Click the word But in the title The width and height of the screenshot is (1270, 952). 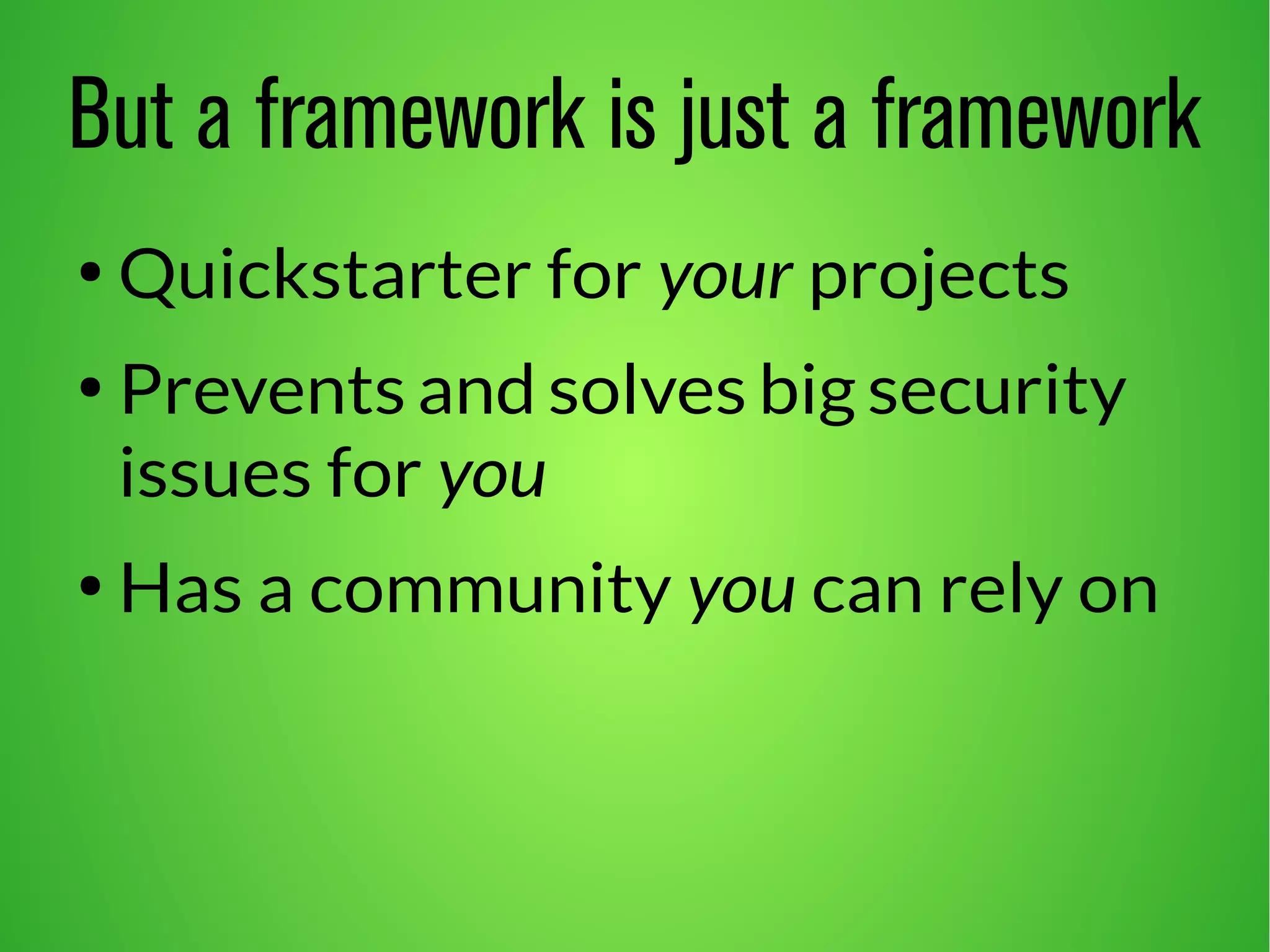[x=121, y=115]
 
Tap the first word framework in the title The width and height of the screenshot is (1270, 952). [x=421, y=115]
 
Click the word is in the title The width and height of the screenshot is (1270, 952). [x=632, y=115]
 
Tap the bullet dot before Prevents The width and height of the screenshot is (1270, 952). [x=91, y=389]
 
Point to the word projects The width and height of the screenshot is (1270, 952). [x=939, y=279]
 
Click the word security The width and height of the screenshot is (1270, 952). [x=997, y=394]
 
